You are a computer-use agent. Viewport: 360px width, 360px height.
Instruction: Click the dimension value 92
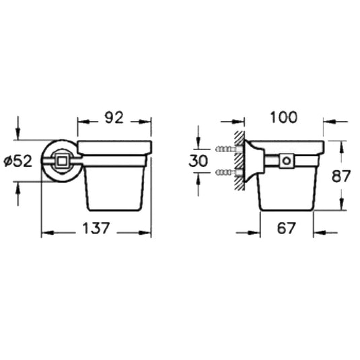[x=114, y=117]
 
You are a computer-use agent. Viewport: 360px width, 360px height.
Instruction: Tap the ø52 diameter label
[x=18, y=161]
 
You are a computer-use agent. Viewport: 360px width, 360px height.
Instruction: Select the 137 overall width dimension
[x=96, y=228]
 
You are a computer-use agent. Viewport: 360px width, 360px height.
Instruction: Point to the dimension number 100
[x=284, y=117]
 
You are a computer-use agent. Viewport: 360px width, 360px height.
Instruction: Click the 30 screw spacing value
[x=199, y=161]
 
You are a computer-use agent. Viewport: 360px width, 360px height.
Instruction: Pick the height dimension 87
[x=341, y=176]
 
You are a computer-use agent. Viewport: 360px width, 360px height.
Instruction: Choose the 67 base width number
[x=286, y=228]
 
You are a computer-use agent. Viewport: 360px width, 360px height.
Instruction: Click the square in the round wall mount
[x=62, y=161]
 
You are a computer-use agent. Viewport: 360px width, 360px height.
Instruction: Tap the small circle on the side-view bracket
[x=286, y=160]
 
